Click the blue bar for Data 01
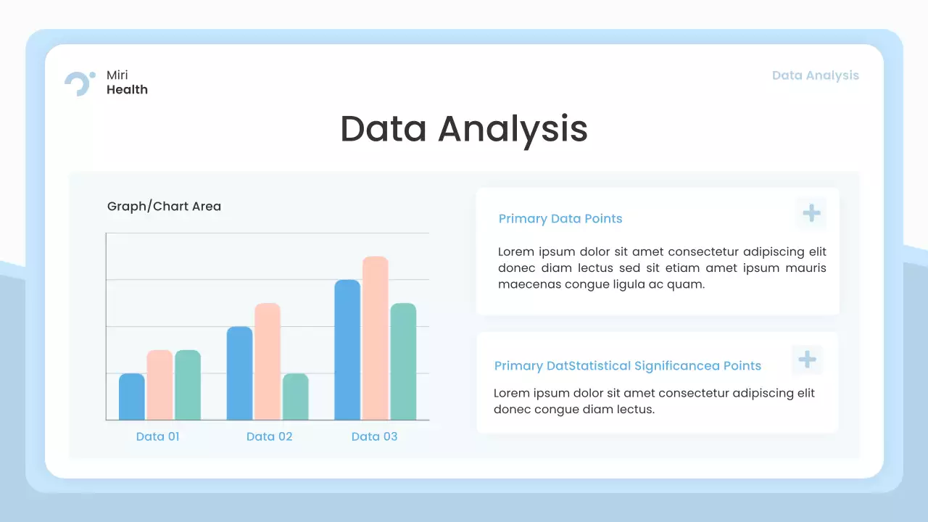pos(131,397)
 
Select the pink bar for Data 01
pos(159,385)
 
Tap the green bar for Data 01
pos(188,385)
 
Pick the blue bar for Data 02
pos(239,373)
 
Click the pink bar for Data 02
pos(268,362)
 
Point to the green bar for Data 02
pos(295,397)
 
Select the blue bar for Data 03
pos(347,350)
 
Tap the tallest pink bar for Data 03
pos(376,339)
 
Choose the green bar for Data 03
pos(403,362)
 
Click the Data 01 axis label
pos(157,436)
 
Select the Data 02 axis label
pos(269,436)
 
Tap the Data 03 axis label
pos(374,436)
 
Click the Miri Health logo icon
pos(79,83)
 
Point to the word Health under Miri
pos(127,90)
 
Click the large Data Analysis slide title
pos(463,129)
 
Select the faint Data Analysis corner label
pos(815,75)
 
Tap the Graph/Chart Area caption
pos(164,207)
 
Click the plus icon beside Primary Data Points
pos(811,213)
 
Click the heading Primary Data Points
pos(560,219)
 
